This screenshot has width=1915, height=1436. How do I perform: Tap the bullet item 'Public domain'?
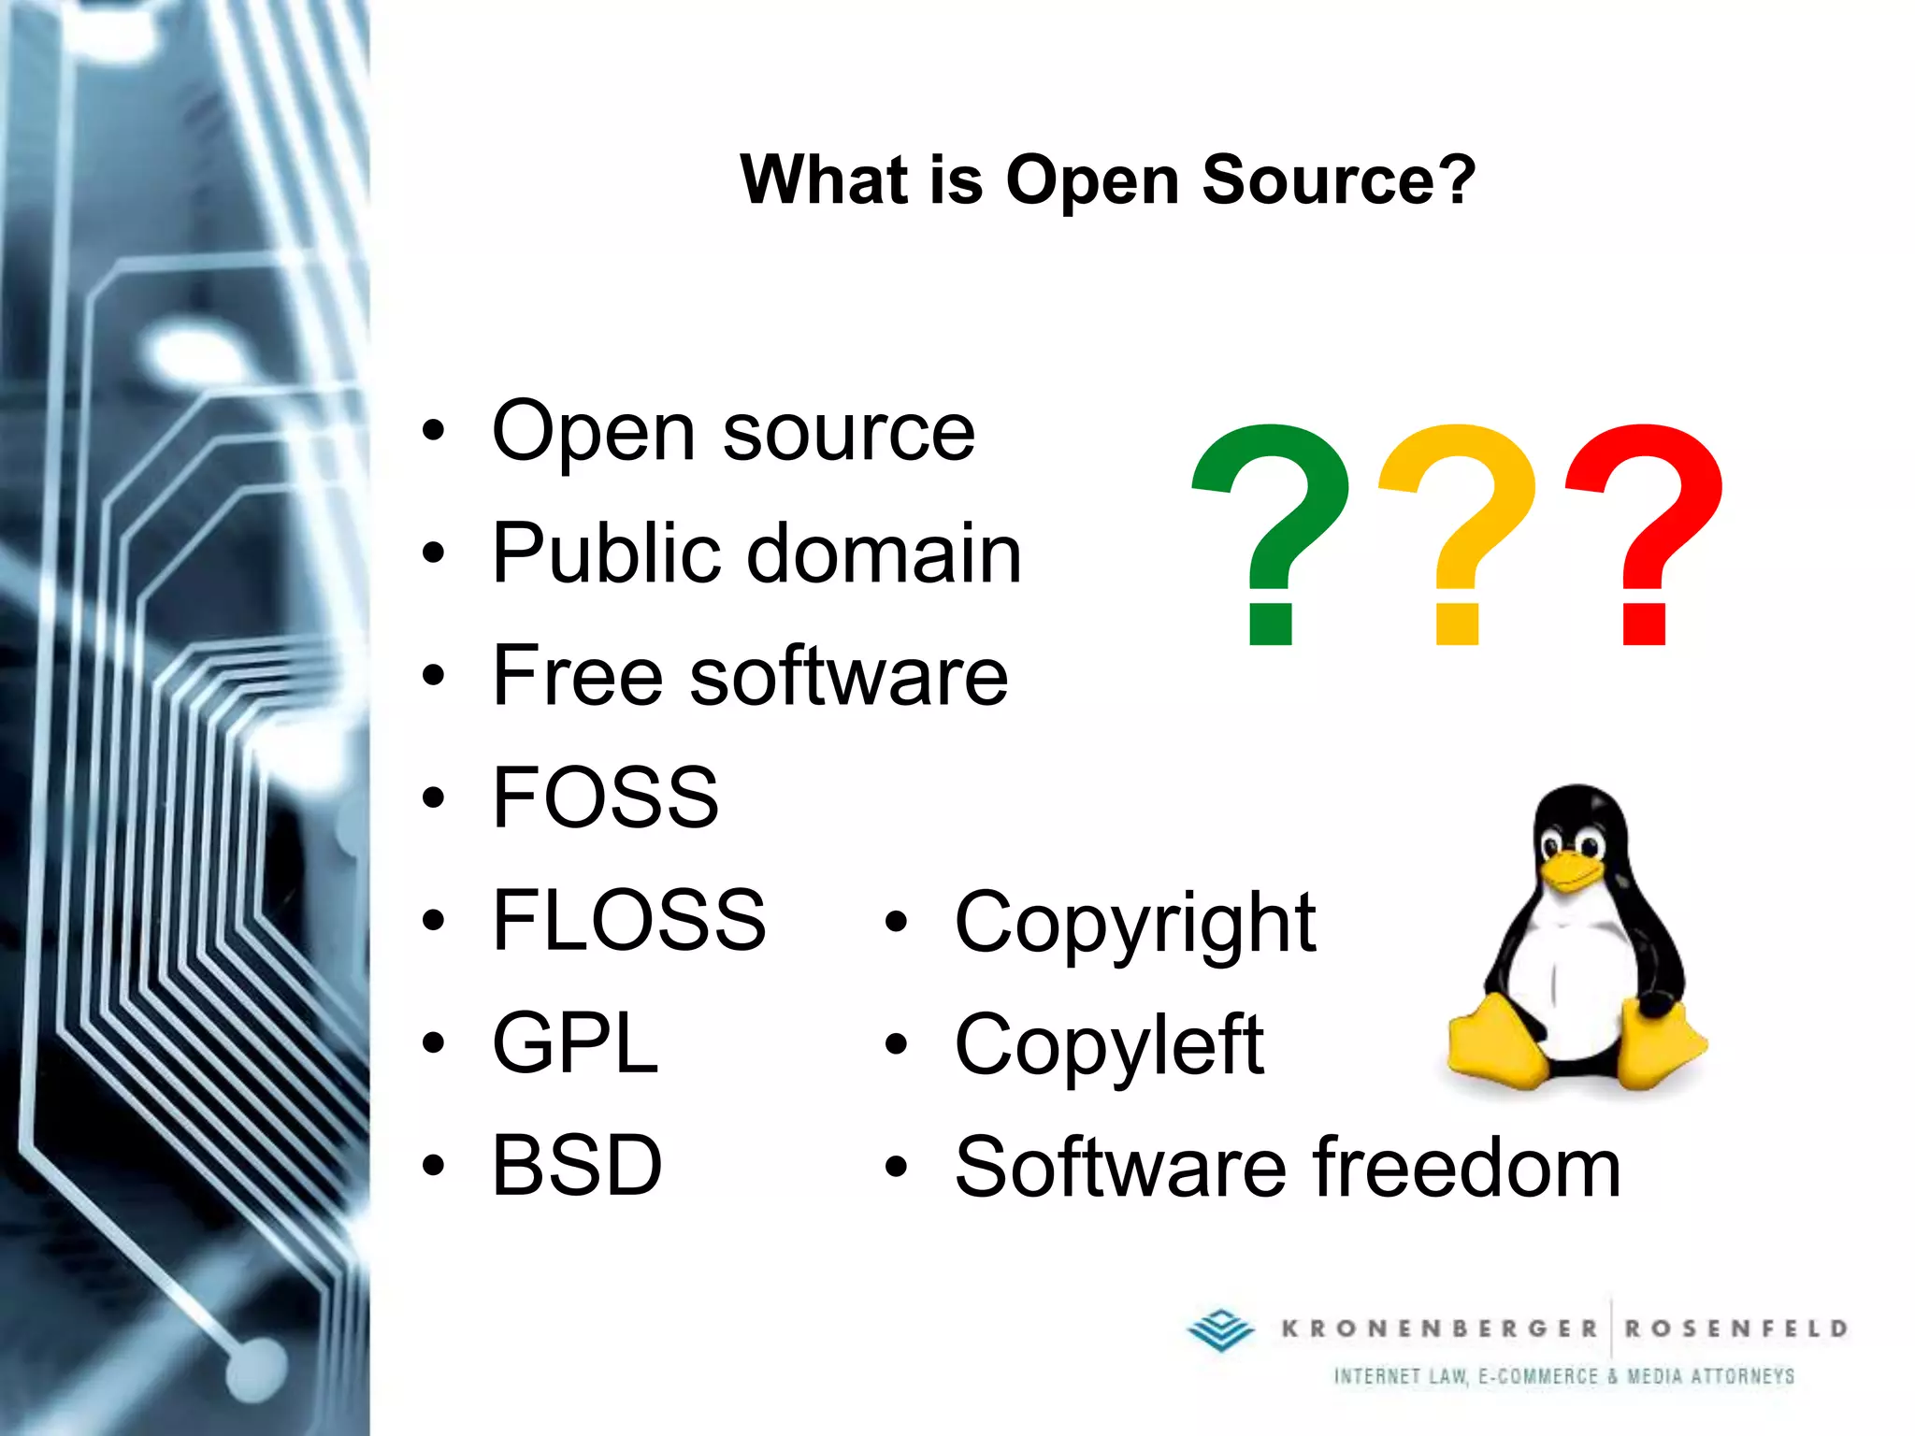pyautogui.click(x=756, y=553)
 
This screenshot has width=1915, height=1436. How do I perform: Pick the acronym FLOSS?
pyautogui.click(x=628, y=920)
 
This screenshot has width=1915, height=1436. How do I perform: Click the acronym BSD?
pyautogui.click(x=577, y=1165)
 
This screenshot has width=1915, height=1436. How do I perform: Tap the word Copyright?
pyautogui.click(x=1135, y=924)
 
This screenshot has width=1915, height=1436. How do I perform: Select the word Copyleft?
pyautogui.click(x=1109, y=1045)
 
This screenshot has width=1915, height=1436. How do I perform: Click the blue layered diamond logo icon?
pyautogui.click(x=1221, y=1328)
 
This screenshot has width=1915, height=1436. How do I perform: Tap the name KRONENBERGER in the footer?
pyautogui.click(x=1439, y=1328)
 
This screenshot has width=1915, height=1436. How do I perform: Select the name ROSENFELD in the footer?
pyautogui.click(x=1735, y=1328)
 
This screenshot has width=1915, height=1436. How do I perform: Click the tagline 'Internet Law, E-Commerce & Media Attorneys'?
pyautogui.click(x=1563, y=1376)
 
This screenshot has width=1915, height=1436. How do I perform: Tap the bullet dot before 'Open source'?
pyautogui.click(x=433, y=432)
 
